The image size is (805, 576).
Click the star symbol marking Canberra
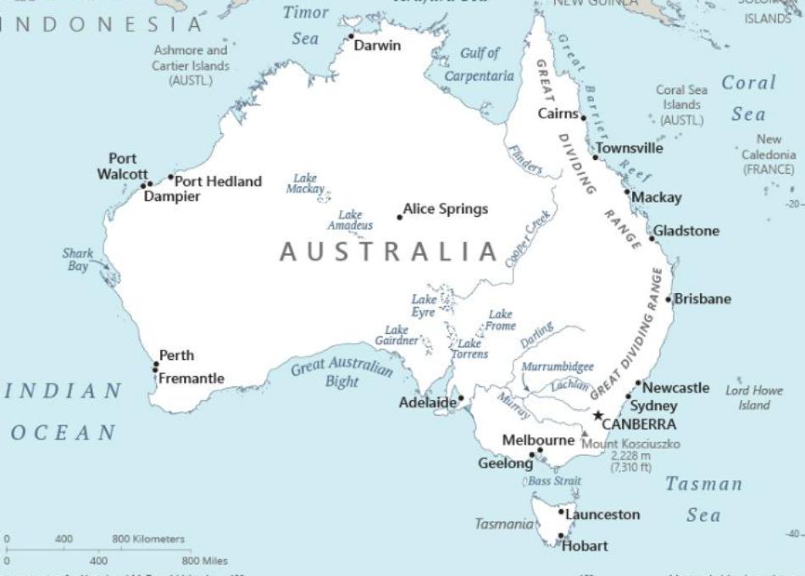tap(598, 415)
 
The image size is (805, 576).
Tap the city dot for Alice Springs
tap(400, 218)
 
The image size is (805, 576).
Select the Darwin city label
tap(377, 46)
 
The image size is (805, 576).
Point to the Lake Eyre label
tap(424, 306)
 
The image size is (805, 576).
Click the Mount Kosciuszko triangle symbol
tap(584, 434)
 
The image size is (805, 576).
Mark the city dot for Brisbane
tap(669, 299)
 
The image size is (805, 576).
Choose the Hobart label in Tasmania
tap(586, 546)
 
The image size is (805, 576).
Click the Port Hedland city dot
tap(171, 178)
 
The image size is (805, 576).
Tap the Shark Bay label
tap(77, 259)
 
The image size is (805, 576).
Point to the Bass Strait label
tap(555, 481)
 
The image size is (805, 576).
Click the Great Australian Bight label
tap(342, 373)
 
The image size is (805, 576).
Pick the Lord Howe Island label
tap(753, 398)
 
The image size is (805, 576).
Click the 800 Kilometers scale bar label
tap(147, 539)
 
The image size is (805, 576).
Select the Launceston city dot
tap(561, 512)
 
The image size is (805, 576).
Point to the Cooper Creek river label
tap(528, 239)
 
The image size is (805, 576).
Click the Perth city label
tap(176, 355)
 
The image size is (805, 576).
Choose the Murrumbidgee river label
tap(557, 367)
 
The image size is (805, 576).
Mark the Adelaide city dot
tap(461, 398)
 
